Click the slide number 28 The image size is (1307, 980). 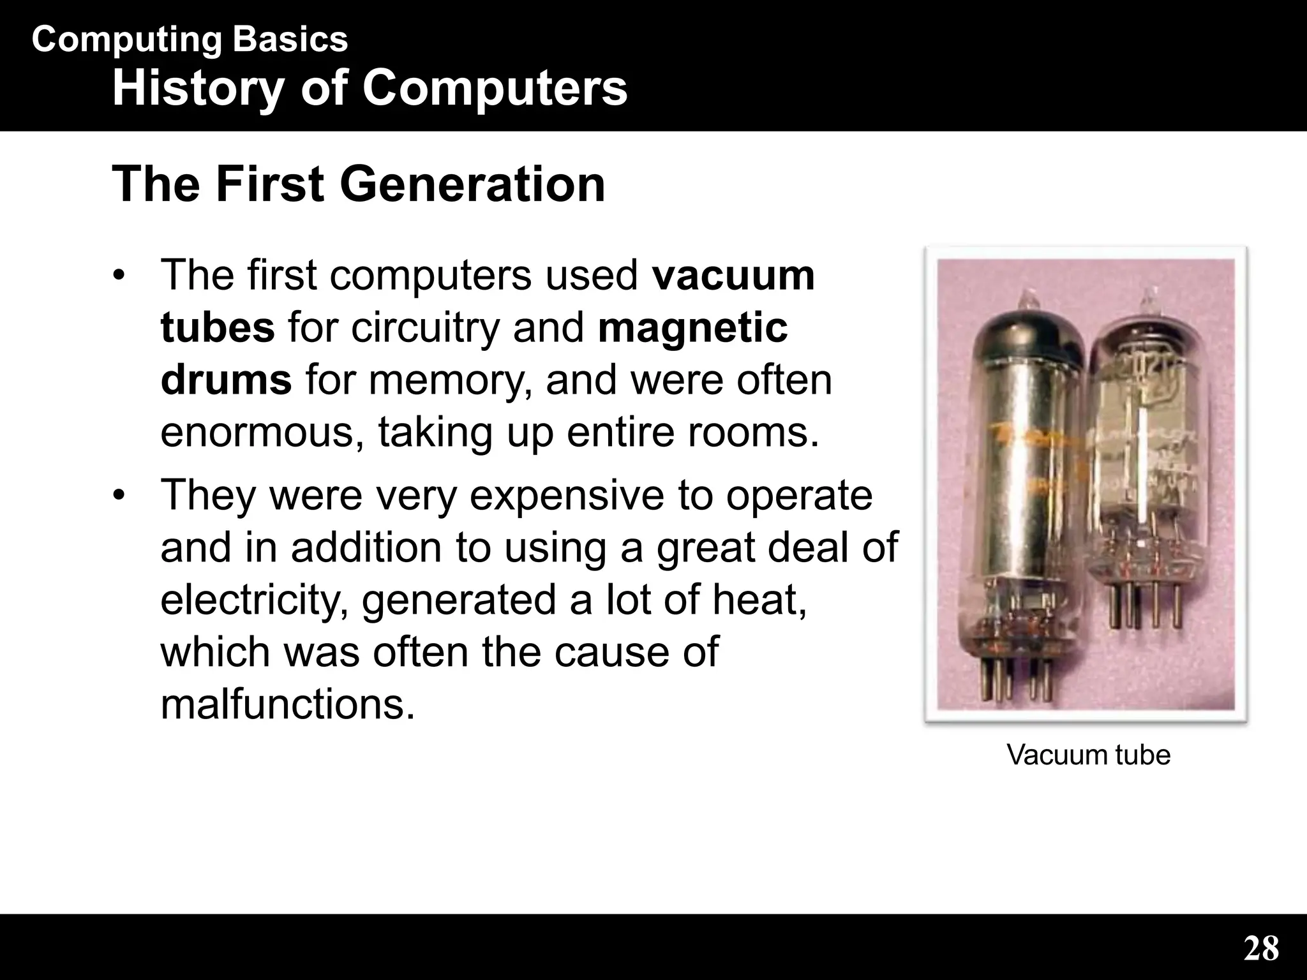tap(1261, 948)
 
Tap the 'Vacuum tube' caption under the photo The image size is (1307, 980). tap(1088, 755)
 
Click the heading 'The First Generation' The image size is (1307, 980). tap(358, 184)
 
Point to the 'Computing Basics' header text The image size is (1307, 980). tap(190, 40)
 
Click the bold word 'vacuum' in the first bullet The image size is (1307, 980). tap(733, 275)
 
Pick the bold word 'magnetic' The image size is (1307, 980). tap(693, 328)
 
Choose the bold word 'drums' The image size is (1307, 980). tap(226, 380)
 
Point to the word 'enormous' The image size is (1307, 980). tap(262, 433)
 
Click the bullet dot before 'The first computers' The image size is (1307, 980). tap(118, 276)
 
